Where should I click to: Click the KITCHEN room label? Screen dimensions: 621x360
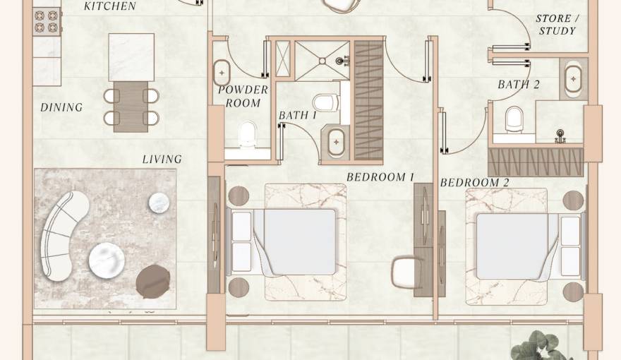(109, 6)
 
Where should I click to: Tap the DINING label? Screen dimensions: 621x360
(62, 107)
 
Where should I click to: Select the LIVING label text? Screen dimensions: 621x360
(162, 160)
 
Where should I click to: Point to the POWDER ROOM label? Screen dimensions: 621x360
(243, 96)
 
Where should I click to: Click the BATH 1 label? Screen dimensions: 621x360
(298, 115)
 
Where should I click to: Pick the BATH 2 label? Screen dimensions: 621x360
(519, 85)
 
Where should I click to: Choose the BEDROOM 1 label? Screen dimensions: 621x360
(380, 177)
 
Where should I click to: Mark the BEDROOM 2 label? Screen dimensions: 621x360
(474, 183)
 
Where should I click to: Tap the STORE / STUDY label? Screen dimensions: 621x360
(557, 25)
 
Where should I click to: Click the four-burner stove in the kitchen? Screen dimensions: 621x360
(47, 21)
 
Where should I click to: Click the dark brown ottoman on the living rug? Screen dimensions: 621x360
(153, 281)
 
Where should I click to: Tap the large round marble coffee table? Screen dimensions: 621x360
(107, 260)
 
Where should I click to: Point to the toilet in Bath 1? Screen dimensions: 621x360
(325, 102)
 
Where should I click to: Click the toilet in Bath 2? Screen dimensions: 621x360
(514, 119)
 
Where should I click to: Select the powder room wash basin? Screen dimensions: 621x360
(222, 73)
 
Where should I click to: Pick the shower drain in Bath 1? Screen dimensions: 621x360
(322, 61)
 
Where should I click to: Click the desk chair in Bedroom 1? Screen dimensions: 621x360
(406, 272)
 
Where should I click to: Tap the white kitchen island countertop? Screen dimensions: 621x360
(131, 57)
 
